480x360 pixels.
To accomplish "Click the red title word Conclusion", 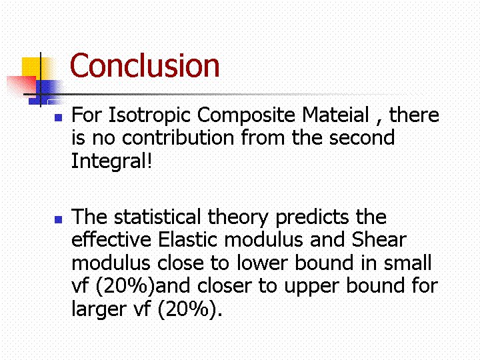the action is (145, 65).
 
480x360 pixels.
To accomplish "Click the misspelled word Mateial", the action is (335, 115).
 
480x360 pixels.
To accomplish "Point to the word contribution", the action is (178, 137).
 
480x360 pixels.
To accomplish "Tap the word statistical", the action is (157, 217).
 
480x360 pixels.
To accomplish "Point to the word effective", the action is (111, 239).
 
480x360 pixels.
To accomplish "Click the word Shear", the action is (379, 239).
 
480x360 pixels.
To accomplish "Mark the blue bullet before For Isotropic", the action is (59, 117).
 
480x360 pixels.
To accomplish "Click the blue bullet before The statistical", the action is (59, 219).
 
